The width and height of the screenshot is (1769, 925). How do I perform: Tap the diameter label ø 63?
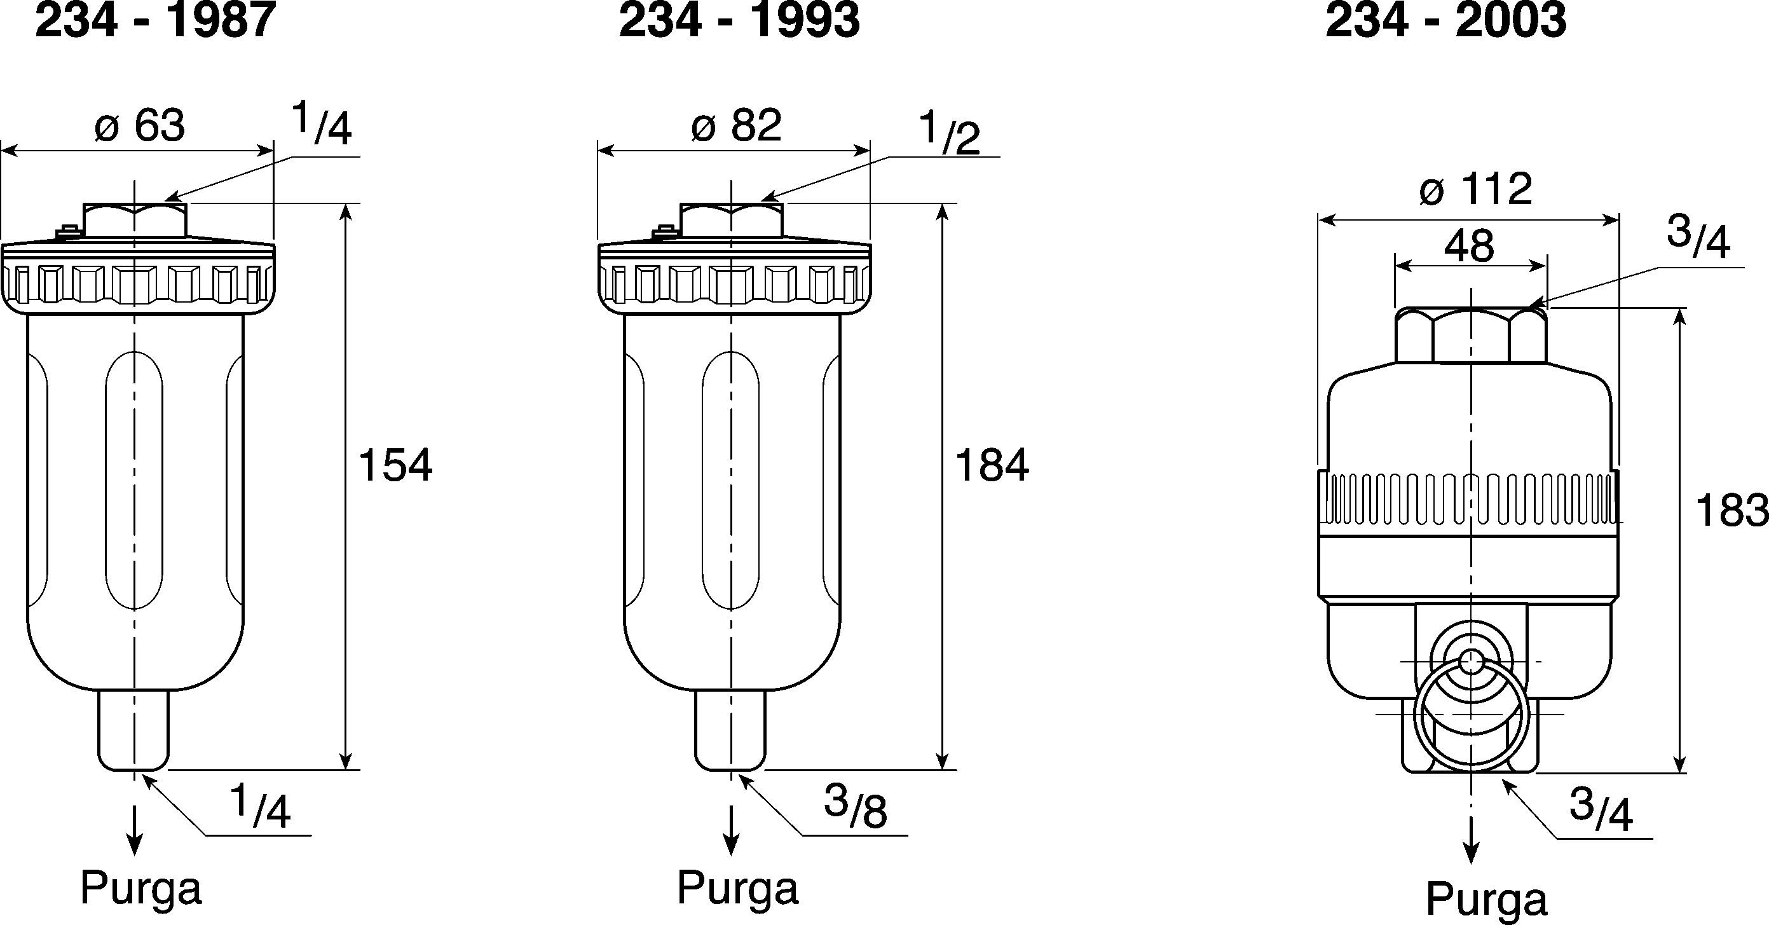click(x=140, y=126)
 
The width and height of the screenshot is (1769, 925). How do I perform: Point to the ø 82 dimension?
click(x=736, y=126)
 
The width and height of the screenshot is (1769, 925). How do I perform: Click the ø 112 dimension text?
click(x=1475, y=189)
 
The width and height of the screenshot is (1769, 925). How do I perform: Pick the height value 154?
click(x=395, y=465)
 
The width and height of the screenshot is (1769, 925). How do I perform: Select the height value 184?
click(x=992, y=465)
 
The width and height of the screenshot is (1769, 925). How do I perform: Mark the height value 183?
click(x=1731, y=511)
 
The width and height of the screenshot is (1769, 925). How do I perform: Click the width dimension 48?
click(x=1469, y=245)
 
